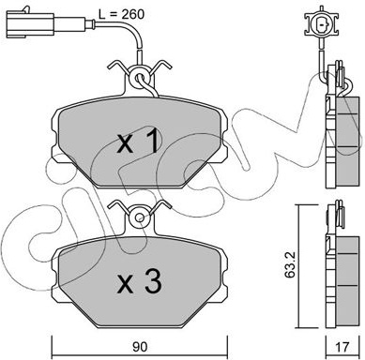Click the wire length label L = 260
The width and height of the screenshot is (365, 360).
point(121,14)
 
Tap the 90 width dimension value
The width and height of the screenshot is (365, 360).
point(140,347)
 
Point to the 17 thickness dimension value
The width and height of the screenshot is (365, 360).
point(342,347)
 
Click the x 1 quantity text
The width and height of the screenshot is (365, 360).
point(139,142)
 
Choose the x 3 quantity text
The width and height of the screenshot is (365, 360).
point(140,282)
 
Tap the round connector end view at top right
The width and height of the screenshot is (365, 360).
point(321,24)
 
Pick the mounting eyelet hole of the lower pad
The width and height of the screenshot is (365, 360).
point(140,217)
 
